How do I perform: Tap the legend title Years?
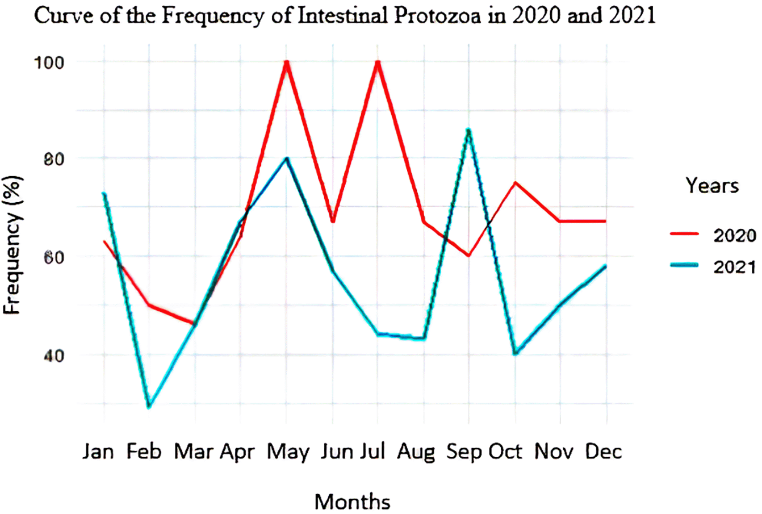(712, 185)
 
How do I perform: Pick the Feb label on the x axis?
(144, 452)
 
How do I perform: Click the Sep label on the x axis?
(464, 452)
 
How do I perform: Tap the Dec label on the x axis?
(604, 452)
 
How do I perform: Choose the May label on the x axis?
(288, 453)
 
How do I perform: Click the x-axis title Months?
(352, 502)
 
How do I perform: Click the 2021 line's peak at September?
(468, 130)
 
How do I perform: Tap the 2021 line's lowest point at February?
(149, 407)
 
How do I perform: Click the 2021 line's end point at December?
(606, 266)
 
